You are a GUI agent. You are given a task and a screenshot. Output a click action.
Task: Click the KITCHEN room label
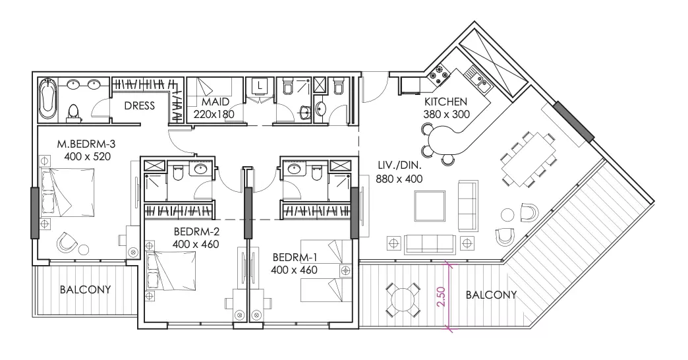(445, 102)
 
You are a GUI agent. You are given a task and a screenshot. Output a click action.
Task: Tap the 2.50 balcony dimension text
(442, 297)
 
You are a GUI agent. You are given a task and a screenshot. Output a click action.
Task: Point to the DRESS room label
(140, 105)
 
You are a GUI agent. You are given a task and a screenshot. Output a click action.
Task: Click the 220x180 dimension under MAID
(214, 114)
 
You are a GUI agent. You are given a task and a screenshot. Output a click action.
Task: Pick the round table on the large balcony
(403, 299)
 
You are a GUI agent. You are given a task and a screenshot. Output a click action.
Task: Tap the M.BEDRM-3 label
(86, 144)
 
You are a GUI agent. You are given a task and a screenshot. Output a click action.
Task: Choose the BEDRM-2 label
(196, 232)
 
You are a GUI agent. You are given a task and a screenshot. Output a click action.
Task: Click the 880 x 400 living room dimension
(399, 179)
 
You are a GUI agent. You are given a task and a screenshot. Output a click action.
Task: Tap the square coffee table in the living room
(430, 206)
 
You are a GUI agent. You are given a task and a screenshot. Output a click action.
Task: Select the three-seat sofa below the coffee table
(430, 244)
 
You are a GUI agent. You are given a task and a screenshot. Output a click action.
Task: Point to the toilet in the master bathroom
(73, 112)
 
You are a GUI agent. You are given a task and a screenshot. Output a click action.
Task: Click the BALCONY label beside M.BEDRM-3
(85, 289)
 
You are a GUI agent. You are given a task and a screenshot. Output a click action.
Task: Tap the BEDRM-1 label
(295, 257)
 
